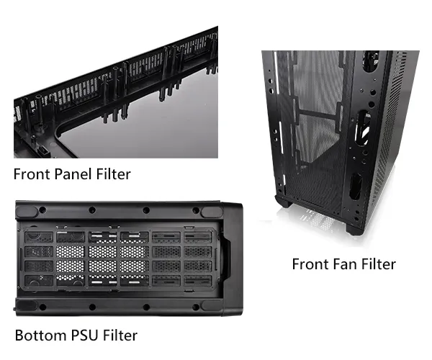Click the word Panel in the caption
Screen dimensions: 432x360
(x=73, y=174)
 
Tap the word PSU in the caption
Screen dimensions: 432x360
(x=84, y=336)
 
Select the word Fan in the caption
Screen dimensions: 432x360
(x=345, y=264)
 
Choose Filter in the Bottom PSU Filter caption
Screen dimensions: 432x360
(x=120, y=336)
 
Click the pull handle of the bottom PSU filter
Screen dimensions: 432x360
(x=228, y=258)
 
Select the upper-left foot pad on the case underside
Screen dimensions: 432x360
(x=27, y=212)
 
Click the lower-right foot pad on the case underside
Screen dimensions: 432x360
(x=212, y=305)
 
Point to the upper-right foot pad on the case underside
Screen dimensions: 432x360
(x=212, y=212)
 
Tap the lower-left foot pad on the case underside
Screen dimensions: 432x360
(x=27, y=305)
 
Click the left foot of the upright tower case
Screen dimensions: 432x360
(x=282, y=202)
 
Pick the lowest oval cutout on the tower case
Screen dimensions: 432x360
(x=356, y=186)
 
